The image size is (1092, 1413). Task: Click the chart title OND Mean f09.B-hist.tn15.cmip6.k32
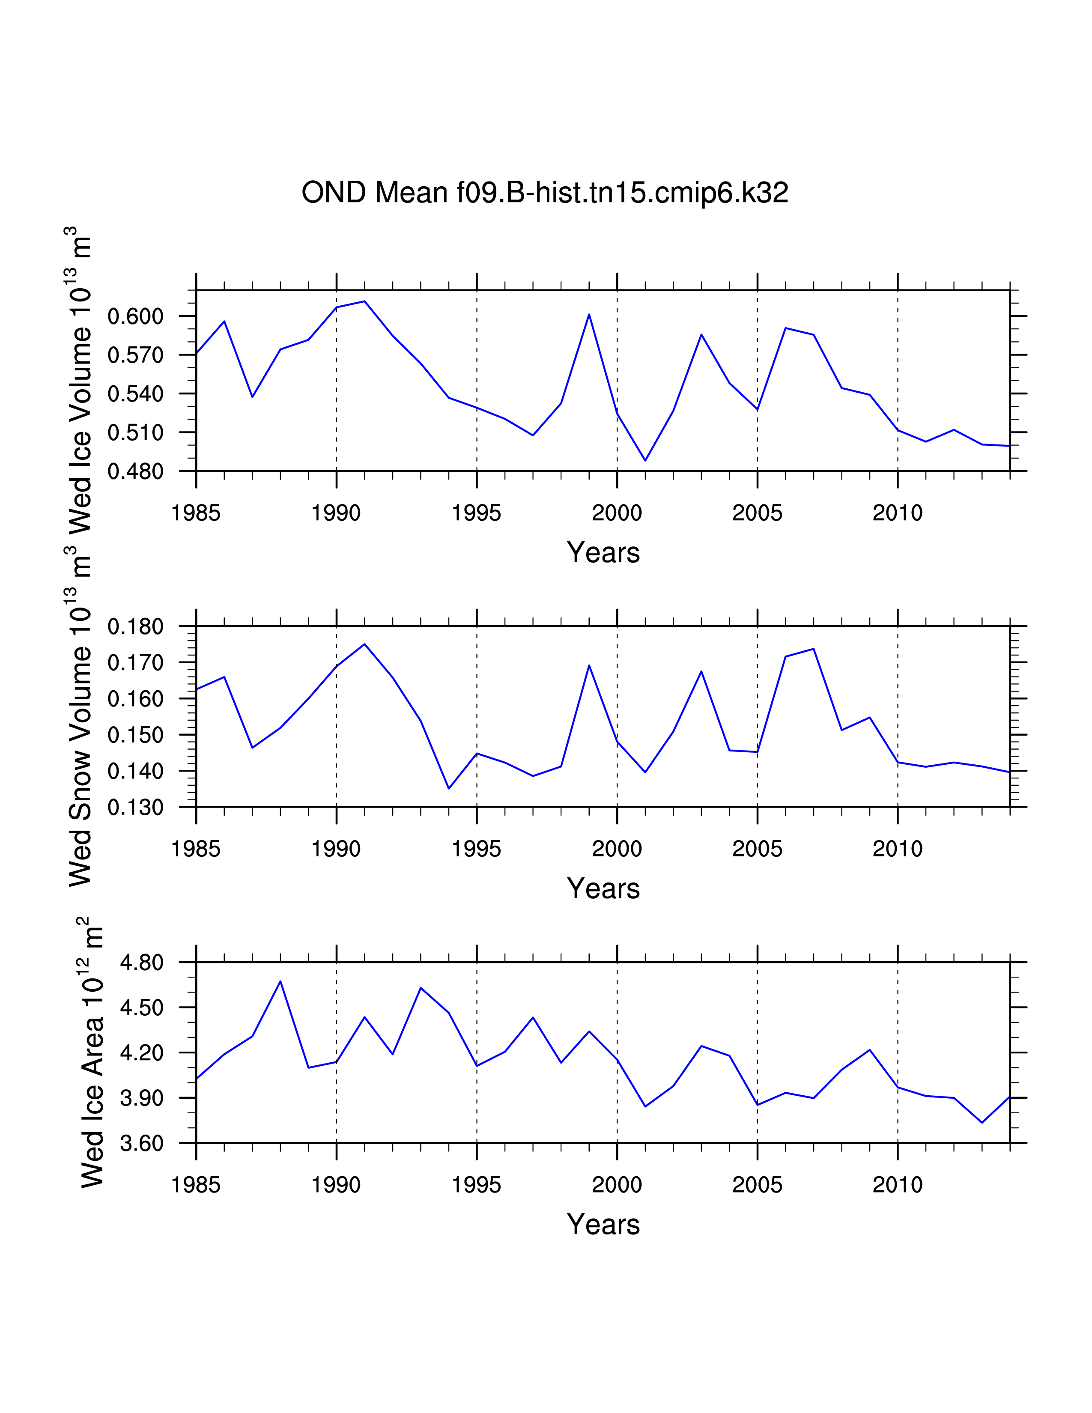pos(545,193)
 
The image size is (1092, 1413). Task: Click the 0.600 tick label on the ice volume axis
pos(135,316)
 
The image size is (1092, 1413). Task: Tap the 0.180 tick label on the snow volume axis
pos(135,626)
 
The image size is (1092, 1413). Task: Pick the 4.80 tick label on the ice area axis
pos(142,963)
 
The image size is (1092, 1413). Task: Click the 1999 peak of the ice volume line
pos(589,314)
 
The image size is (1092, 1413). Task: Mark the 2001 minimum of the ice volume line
pos(645,461)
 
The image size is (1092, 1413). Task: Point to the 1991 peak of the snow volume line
pos(365,644)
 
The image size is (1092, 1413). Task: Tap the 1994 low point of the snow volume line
pos(449,788)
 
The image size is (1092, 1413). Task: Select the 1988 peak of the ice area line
pos(280,981)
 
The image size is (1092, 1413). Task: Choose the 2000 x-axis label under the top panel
pos(617,513)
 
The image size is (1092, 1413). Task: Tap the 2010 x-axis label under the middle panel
pos(897,849)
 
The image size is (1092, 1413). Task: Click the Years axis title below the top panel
pos(603,552)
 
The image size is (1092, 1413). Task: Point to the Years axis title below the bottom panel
pos(603,1225)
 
